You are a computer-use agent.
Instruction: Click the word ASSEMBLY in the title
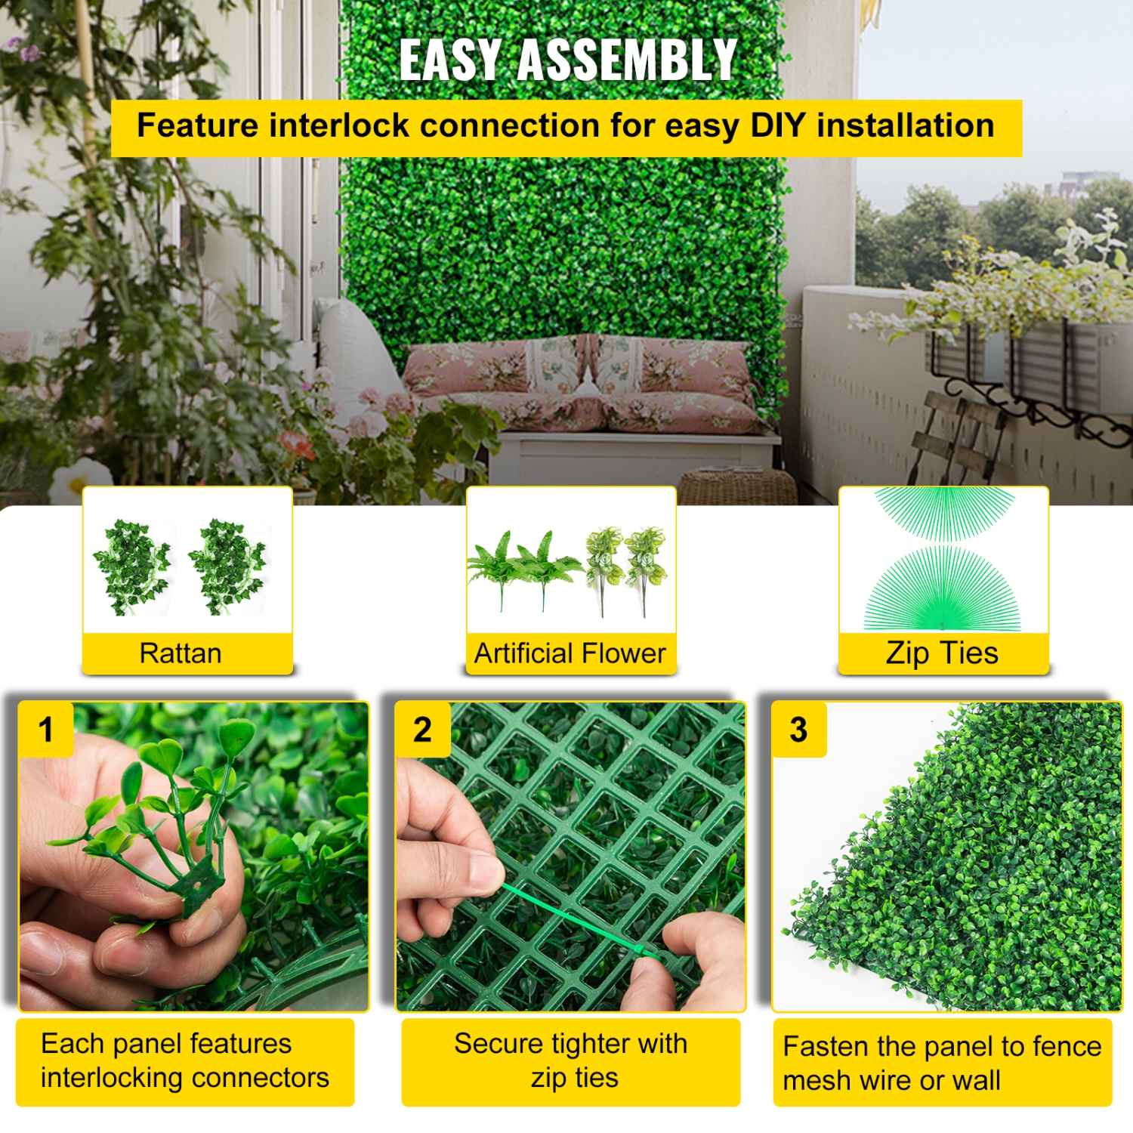tap(627, 60)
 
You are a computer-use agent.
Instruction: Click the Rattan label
tap(181, 653)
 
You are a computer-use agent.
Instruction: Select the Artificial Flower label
tap(570, 653)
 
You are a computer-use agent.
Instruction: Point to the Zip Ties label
tap(942, 653)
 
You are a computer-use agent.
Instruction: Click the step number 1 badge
tap(46, 730)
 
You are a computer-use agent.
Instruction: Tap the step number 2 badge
tap(422, 730)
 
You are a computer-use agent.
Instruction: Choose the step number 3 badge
tap(798, 730)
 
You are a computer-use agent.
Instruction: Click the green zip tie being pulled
tap(574, 922)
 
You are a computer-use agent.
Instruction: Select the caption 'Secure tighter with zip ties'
tap(571, 1060)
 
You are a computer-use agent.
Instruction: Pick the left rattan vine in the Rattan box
tap(132, 566)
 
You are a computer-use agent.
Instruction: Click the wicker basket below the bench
tap(736, 487)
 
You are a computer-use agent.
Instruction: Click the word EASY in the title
tap(449, 60)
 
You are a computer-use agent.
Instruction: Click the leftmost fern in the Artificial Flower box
tap(499, 566)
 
